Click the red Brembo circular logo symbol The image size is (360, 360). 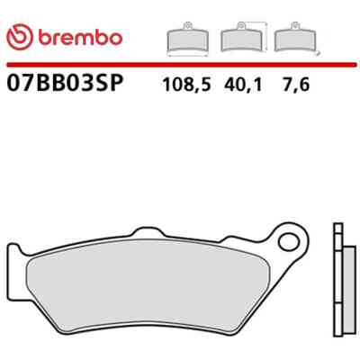pos(20,37)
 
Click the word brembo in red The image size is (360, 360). pos(80,38)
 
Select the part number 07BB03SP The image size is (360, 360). pos(65,83)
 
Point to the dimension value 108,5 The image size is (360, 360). pos(186,85)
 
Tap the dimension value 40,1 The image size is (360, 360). pos(243,85)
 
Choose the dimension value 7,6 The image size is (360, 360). pos(295,85)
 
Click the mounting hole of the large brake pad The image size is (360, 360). pos(289,243)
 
